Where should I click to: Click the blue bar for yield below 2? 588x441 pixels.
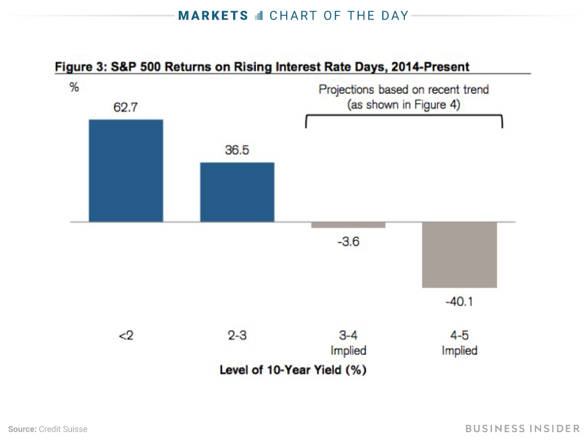point(125,171)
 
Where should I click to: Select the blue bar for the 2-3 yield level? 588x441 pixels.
point(237,192)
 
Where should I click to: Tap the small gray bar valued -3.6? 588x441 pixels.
point(348,225)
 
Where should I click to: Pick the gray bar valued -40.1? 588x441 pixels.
point(460,255)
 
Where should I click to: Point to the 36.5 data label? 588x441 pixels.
point(237,150)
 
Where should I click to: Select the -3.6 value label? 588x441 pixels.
point(348,242)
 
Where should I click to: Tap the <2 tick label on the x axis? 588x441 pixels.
point(126,337)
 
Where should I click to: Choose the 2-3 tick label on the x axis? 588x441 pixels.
point(237,337)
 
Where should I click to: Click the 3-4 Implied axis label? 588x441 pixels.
point(348,343)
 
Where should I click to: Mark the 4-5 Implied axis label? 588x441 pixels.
point(459,343)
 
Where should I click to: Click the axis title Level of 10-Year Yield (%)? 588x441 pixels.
point(293,370)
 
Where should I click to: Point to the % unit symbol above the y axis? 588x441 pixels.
point(74,88)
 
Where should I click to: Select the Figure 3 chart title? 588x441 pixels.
point(262,66)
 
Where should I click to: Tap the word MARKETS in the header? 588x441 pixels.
point(214,16)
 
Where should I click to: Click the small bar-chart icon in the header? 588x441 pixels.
point(259,16)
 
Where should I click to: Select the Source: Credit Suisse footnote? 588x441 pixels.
point(48,429)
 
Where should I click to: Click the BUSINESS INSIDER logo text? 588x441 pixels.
point(522,429)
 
